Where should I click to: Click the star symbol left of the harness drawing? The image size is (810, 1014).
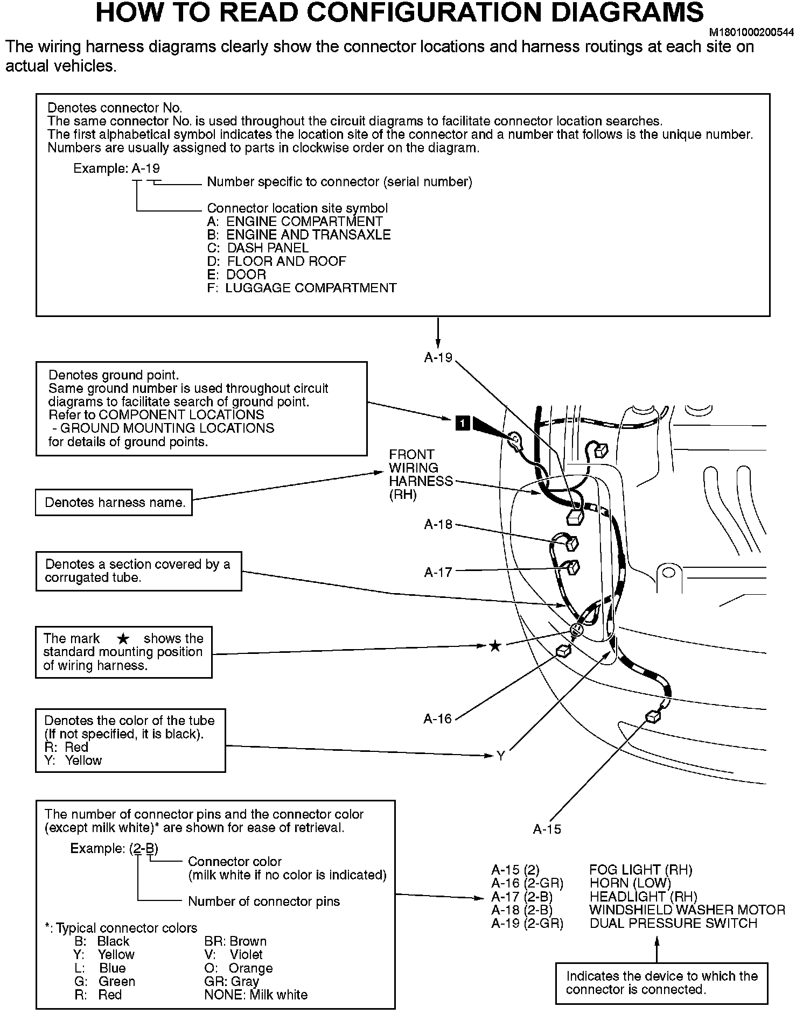pos(495,646)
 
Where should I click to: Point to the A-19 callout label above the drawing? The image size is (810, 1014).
pos(438,358)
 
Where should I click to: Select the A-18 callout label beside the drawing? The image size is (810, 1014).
pos(438,524)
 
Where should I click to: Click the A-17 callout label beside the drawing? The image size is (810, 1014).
pos(438,572)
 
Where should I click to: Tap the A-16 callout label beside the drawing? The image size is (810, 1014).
pos(438,719)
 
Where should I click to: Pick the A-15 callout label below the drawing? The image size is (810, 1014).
pos(547,829)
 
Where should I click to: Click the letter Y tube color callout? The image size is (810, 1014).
pos(500,756)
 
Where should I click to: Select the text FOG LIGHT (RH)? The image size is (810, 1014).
pos(641,870)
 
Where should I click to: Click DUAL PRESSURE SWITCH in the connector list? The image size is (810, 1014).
pos(673,924)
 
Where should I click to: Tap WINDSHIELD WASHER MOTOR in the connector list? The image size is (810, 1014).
pos(687,910)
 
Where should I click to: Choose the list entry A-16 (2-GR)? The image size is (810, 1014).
pos(527,883)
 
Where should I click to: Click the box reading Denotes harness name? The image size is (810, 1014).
pos(114,503)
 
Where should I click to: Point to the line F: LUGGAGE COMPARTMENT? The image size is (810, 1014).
pos(302,288)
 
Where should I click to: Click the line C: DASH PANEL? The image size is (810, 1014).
pos(257,248)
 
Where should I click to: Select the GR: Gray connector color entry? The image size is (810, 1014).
pos(231,981)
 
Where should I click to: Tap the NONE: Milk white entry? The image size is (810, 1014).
pos(256,995)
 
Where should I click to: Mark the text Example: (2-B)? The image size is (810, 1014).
pos(114,848)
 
